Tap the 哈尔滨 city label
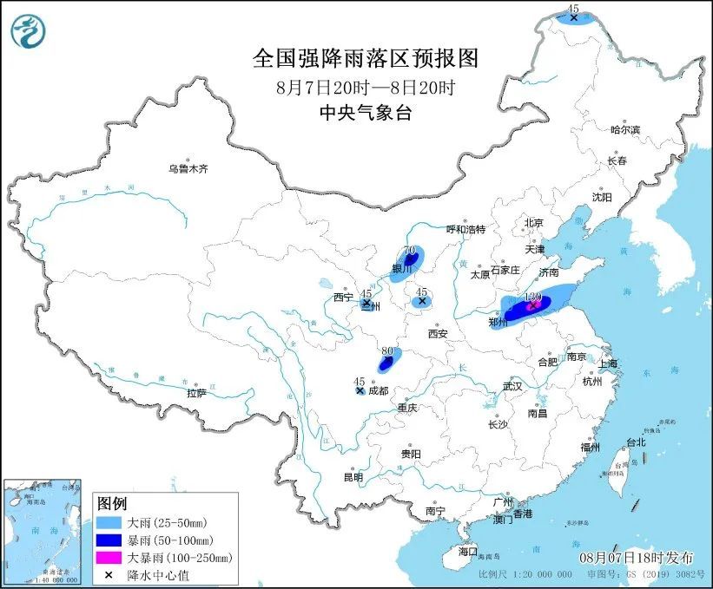[624, 129]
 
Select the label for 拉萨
[196, 393]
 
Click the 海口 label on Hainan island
[468, 552]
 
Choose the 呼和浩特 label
[465, 229]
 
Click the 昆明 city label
[353, 476]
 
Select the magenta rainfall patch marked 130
[532, 305]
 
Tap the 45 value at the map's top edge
[572, 8]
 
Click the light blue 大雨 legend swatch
[110, 523]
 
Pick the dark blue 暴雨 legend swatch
[110, 540]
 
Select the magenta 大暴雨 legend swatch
[110, 558]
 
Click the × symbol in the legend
[110, 574]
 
